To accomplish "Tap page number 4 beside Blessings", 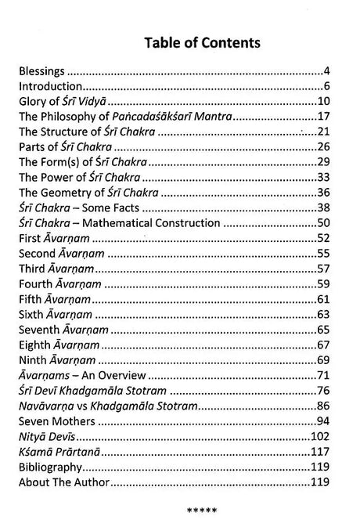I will tap(336, 70).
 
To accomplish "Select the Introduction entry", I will tap(51, 86).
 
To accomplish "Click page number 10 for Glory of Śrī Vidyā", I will tap(332, 102).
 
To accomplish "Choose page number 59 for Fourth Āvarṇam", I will tap(332, 284).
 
